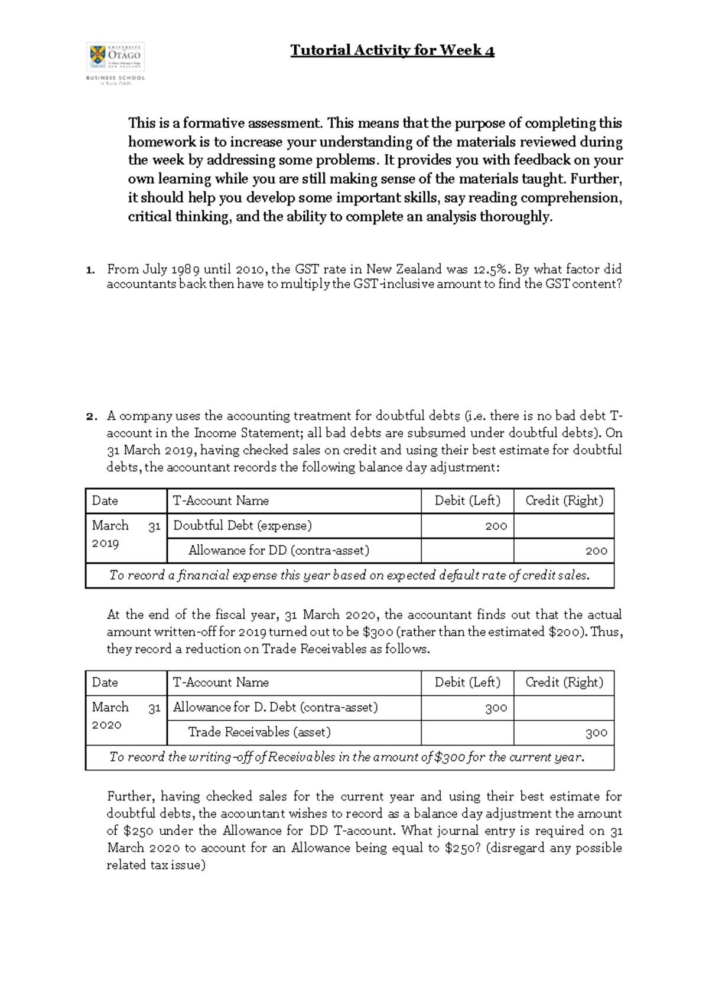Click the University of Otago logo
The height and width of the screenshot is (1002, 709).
click(x=115, y=63)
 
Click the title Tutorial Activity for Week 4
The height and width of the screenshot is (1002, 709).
click(x=392, y=50)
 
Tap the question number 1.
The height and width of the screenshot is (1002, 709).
click(x=89, y=270)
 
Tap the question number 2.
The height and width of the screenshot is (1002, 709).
click(x=90, y=417)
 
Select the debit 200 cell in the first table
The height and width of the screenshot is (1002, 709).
click(x=467, y=526)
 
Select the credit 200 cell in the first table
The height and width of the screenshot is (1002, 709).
click(x=564, y=551)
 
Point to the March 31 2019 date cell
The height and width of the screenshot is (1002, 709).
click(x=126, y=534)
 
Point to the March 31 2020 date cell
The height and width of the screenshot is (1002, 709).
click(x=126, y=716)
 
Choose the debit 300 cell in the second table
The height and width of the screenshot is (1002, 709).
click(x=467, y=708)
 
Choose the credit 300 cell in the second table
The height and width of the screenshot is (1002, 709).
click(x=564, y=733)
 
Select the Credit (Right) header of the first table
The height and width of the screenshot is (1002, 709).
click(x=564, y=501)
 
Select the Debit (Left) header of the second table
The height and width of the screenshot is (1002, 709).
click(x=467, y=682)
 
